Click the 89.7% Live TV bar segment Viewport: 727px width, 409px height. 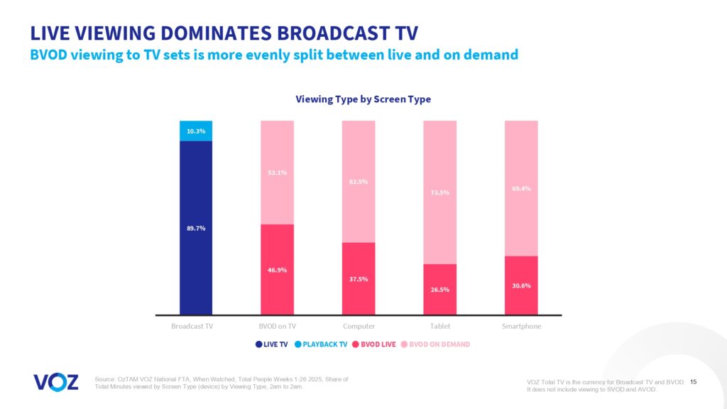[196, 227]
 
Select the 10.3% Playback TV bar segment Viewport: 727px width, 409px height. [196, 131]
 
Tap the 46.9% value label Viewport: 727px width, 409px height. [278, 271]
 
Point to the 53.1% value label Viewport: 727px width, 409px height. [278, 173]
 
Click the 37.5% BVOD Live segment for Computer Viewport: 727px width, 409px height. [359, 278]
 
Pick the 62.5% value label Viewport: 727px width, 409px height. [359, 182]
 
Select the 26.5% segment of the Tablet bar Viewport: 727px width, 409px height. [440, 289]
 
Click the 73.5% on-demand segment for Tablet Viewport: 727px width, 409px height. [440, 192]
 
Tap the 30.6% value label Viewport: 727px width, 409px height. [521, 285]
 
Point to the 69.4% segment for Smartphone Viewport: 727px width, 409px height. [521, 188]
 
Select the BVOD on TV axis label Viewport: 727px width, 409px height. [278, 327]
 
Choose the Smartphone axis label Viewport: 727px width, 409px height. [521, 327]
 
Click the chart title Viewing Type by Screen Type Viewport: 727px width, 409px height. [363, 99]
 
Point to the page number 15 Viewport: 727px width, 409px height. [693, 382]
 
